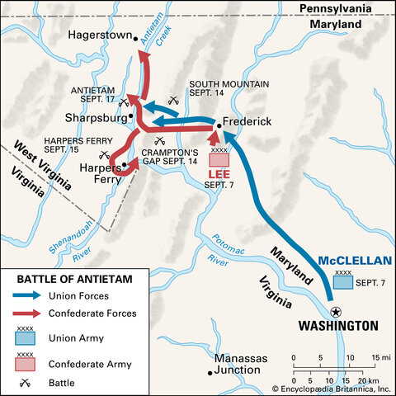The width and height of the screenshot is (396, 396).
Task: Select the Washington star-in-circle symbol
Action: point(334,312)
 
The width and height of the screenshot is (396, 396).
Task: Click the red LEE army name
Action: point(219,175)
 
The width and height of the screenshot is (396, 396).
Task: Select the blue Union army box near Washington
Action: point(342,283)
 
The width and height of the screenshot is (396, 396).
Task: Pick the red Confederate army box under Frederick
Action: point(219,160)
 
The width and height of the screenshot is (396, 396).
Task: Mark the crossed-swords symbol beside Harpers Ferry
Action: point(103,154)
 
